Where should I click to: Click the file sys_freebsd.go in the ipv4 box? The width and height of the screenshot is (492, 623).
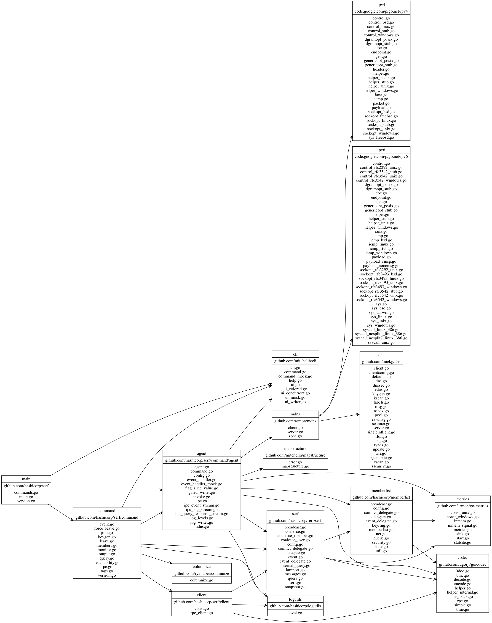pyautogui.click(x=381, y=137)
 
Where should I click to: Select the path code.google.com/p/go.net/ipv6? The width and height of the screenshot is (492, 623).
pyautogui.click(x=381, y=156)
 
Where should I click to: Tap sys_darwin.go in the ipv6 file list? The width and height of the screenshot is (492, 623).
pyautogui.click(x=381, y=312)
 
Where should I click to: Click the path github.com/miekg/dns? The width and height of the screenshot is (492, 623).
pyautogui.click(x=381, y=362)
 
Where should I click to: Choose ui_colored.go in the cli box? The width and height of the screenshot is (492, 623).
pyautogui.click(x=295, y=389)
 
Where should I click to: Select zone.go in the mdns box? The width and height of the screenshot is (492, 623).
pyautogui.click(x=295, y=436)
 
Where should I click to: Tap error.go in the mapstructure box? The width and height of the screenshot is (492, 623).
pyautogui.click(x=295, y=462)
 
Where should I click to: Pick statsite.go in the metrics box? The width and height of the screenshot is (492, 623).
pyautogui.click(x=462, y=542)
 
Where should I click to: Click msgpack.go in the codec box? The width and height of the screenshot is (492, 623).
pyautogui.click(x=462, y=597)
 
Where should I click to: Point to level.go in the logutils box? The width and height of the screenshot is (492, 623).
pyautogui.click(x=295, y=613)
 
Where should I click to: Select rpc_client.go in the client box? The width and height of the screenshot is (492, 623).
pyautogui.click(x=202, y=613)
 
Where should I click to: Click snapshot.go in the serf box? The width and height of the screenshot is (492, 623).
pyautogui.click(x=295, y=587)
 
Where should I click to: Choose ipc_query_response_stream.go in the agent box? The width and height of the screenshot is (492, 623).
pyautogui.click(x=202, y=514)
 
